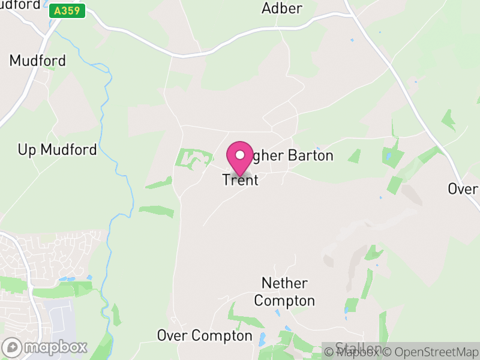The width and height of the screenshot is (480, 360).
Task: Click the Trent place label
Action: pyautogui.click(x=240, y=179)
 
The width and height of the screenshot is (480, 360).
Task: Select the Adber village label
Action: pyautogui.click(x=282, y=8)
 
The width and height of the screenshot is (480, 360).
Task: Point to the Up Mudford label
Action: pyautogui.click(x=57, y=150)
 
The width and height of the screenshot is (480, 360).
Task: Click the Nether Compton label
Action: pyautogui.click(x=285, y=292)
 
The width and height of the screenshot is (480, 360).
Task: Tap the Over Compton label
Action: pyautogui.click(x=205, y=335)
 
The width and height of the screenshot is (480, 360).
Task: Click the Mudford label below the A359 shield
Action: pyautogui.click(x=37, y=61)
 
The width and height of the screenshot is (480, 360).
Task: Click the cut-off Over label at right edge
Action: pyautogui.click(x=463, y=188)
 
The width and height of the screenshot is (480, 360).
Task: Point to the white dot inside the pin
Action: pyautogui.click(x=240, y=155)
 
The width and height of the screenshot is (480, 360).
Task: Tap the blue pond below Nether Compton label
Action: pyautogui.click(x=278, y=313)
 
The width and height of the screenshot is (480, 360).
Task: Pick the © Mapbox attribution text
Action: pyautogui.click(x=352, y=352)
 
